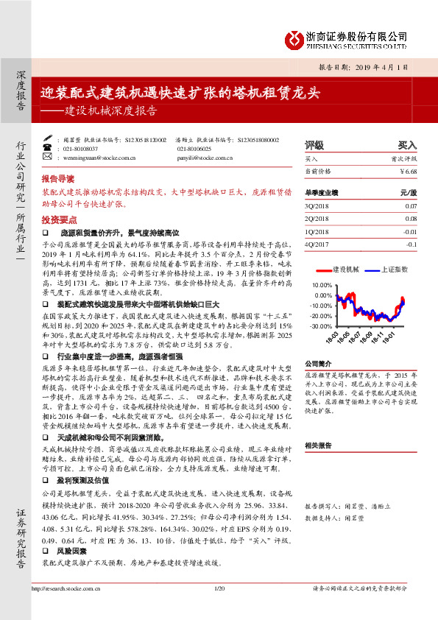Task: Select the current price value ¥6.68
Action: click(x=408, y=171)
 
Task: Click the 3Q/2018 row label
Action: click(x=316, y=206)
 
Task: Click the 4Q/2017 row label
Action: click(x=316, y=244)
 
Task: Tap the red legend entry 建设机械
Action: click(x=345, y=269)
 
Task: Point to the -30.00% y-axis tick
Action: click(x=322, y=325)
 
